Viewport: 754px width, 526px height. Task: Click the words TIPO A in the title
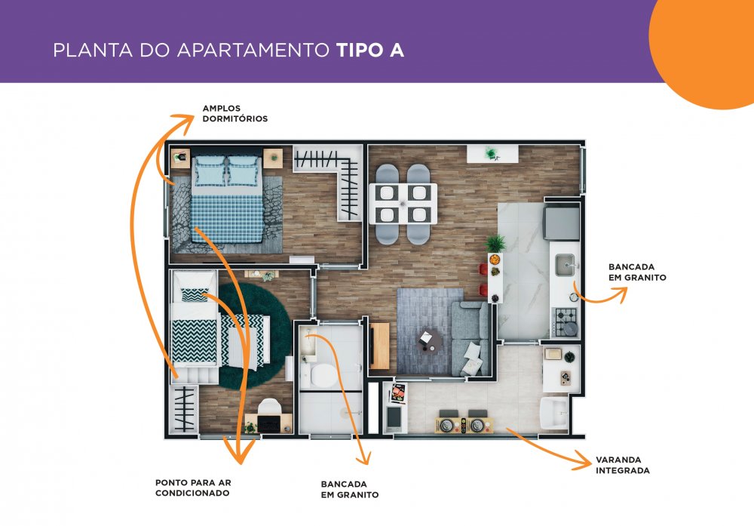coord(369,50)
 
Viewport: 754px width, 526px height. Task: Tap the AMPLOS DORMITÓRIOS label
coord(234,113)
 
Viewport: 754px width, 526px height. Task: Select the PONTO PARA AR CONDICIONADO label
coord(193,488)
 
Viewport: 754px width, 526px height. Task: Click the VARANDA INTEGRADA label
coord(623,465)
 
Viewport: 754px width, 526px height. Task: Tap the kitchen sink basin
coord(565,265)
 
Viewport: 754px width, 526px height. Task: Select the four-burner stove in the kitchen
coord(566,321)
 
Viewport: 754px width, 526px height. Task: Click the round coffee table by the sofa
coord(428,340)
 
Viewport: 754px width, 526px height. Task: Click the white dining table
coord(403,203)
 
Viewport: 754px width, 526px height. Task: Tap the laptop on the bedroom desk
coord(269,423)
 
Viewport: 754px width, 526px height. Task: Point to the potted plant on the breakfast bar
coord(495,242)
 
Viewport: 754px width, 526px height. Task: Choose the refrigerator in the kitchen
coord(561,222)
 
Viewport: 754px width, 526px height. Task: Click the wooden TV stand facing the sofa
coord(379,346)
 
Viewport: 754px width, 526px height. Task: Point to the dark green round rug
coord(255,335)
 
